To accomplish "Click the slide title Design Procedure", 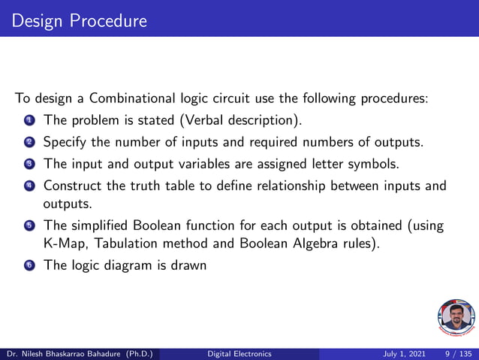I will (x=79, y=20).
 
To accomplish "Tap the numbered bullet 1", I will (x=29, y=121).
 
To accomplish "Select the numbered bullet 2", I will (x=29, y=142).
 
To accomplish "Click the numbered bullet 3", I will (x=29, y=164).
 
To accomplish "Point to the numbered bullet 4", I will (x=29, y=186).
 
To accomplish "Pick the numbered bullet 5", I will (x=29, y=225).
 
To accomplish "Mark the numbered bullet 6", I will (x=29, y=265).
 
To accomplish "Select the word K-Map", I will (x=64, y=243).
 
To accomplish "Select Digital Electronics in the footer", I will (x=239, y=353).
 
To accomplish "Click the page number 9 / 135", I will (x=458, y=353).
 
